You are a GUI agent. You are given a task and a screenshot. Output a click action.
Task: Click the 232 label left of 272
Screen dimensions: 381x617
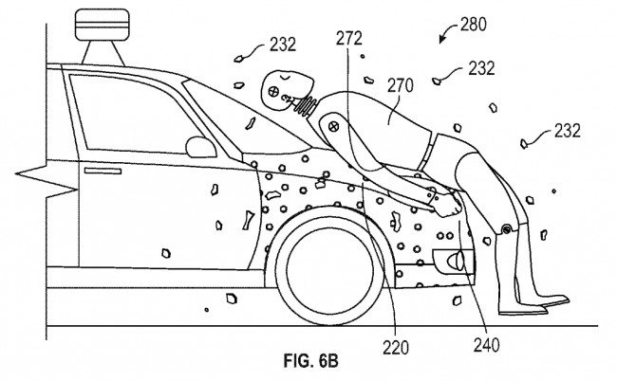tap(282, 43)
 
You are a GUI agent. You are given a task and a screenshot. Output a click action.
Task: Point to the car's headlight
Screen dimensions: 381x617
tap(450, 259)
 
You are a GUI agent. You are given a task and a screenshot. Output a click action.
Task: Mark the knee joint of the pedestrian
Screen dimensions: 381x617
tap(510, 230)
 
